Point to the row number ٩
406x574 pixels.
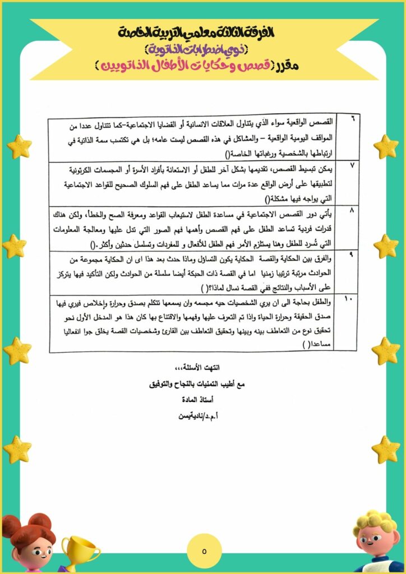(x=352, y=254)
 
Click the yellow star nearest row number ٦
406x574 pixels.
(x=386, y=147)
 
